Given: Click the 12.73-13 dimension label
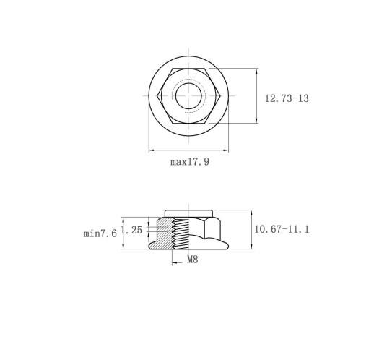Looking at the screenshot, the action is coord(287,98).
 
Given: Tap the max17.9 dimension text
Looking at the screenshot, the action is coord(190,162).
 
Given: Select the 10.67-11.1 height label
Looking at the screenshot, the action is coord(282,229).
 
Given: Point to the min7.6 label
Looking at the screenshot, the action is coord(100,233).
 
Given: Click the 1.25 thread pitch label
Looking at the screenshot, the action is coord(132,230).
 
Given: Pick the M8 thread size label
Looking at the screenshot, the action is coord(193,260).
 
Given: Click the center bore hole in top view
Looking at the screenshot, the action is coord(188,96).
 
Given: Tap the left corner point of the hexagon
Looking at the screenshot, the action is coord(157,96).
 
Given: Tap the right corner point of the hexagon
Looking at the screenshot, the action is coord(220,96).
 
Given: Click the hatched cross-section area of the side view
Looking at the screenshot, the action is coord(162,233).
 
